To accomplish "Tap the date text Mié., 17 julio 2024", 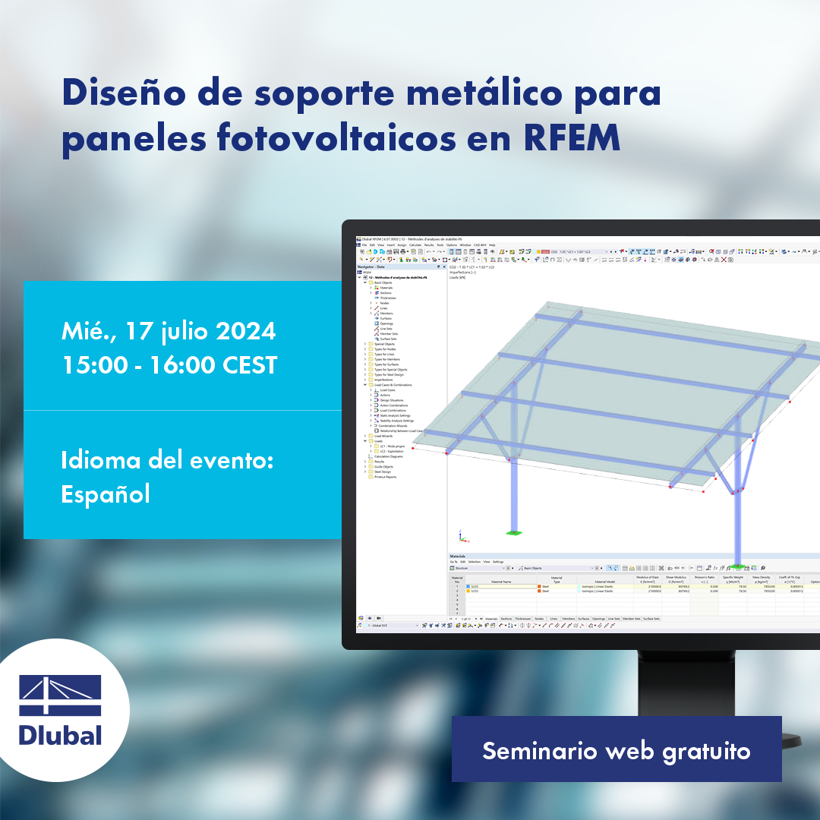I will [x=168, y=332].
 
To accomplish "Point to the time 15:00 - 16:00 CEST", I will [x=169, y=365].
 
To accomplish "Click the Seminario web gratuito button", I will [x=616, y=751].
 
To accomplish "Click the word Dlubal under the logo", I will [x=59, y=735].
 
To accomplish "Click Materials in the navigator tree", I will [x=386, y=289].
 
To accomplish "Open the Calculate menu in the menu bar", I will [x=415, y=245].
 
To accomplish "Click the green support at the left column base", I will [x=515, y=532].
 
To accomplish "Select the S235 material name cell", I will [x=475, y=586].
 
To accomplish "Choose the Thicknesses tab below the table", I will [x=522, y=619].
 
